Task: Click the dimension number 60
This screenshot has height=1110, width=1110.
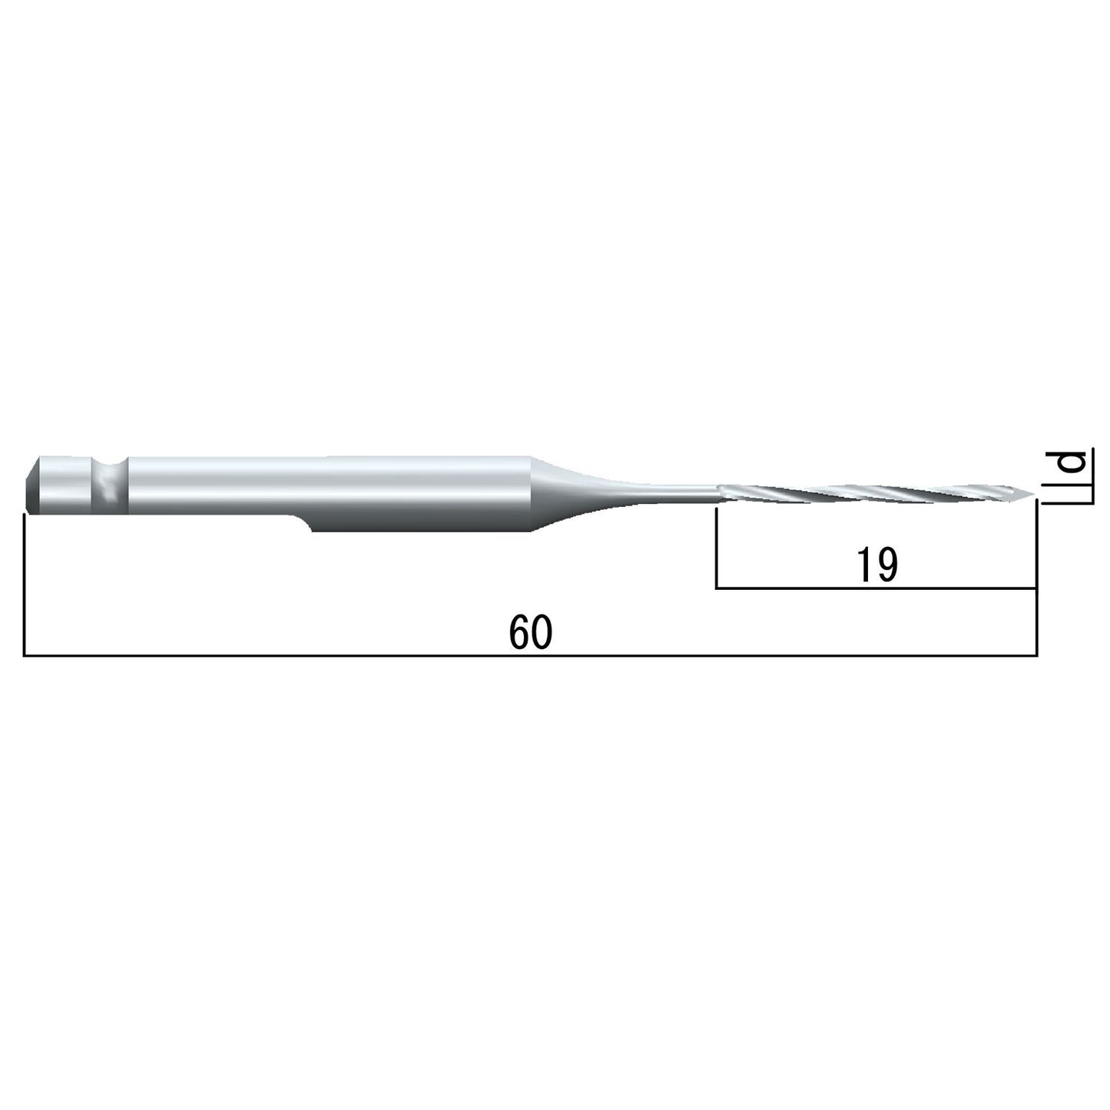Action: click(531, 632)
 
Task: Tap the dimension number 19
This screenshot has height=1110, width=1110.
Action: click(876, 565)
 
